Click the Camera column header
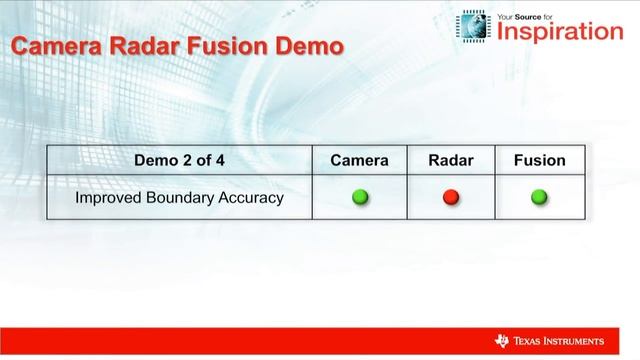(x=359, y=160)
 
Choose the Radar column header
(x=450, y=160)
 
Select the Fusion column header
(x=539, y=160)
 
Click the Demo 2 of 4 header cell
(x=180, y=160)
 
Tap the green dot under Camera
(x=360, y=198)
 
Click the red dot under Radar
(x=450, y=198)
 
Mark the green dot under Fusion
(x=539, y=198)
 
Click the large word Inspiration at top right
(x=560, y=32)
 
